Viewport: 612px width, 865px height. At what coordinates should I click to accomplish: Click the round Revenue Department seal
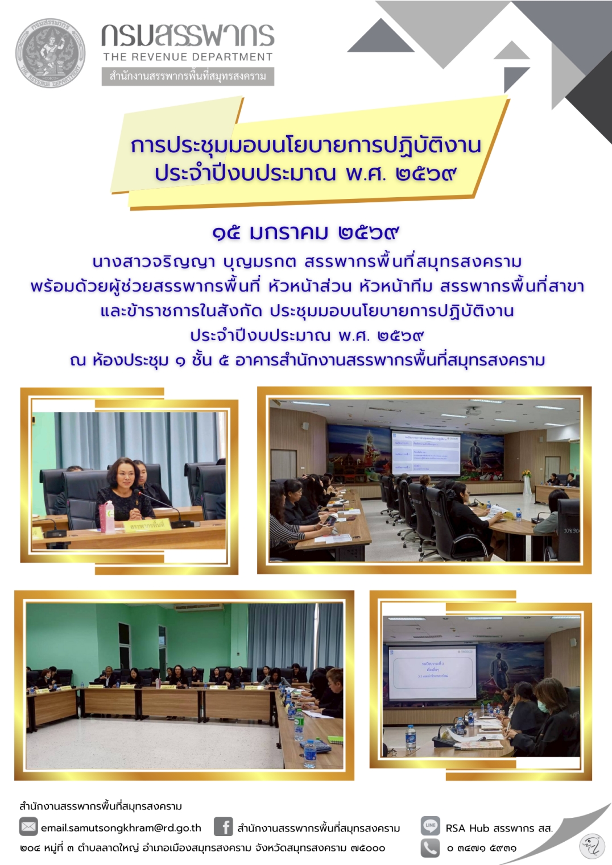pyautogui.click(x=50, y=53)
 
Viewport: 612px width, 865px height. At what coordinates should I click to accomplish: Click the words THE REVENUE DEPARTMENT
pyautogui.click(x=188, y=57)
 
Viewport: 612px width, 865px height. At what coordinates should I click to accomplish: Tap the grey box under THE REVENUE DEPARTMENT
pyautogui.click(x=188, y=76)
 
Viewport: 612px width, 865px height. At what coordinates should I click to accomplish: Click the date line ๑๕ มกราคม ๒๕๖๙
pyautogui.click(x=305, y=232)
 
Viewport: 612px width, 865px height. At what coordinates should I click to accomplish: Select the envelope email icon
pyautogui.click(x=28, y=826)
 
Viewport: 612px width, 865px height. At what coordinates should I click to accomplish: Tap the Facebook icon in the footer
pyautogui.click(x=224, y=826)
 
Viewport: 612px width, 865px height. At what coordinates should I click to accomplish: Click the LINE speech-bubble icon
pyautogui.click(x=430, y=825)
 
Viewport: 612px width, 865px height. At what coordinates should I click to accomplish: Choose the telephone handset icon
pyautogui.click(x=430, y=848)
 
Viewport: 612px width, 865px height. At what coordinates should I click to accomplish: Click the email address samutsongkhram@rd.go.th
pyautogui.click(x=121, y=828)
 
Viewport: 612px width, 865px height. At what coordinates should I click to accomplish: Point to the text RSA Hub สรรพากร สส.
pyautogui.click(x=499, y=828)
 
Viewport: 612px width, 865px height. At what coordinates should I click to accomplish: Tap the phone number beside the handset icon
pyautogui.click(x=481, y=849)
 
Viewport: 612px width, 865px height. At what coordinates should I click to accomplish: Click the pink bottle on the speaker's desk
pyautogui.click(x=106, y=517)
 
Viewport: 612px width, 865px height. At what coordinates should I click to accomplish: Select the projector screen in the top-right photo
pyautogui.click(x=425, y=453)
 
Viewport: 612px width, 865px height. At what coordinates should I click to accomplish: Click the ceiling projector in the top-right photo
pyautogui.click(x=472, y=410)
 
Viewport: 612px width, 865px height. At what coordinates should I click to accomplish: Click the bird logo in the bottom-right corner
pyautogui.click(x=592, y=846)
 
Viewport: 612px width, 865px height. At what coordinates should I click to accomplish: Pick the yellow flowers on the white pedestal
pyautogui.click(x=526, y=473)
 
